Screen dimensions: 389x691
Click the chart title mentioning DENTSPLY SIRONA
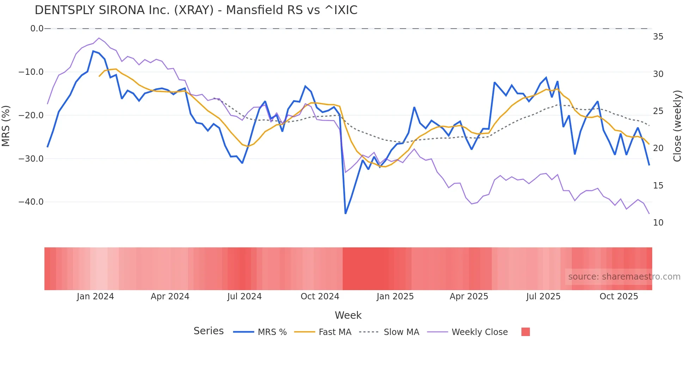196,10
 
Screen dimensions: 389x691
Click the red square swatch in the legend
525,332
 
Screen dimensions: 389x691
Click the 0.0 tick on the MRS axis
37,29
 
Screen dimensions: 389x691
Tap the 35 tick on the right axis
658,37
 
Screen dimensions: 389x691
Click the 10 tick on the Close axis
658,223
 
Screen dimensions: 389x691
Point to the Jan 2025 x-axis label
395,297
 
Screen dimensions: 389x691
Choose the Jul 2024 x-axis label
244,297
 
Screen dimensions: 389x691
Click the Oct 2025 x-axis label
619,297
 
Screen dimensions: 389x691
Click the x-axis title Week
348,315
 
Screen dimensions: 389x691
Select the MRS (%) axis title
6,126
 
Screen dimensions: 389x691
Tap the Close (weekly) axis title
677,126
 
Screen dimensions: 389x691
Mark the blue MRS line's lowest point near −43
345,213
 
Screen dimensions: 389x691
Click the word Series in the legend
208,331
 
